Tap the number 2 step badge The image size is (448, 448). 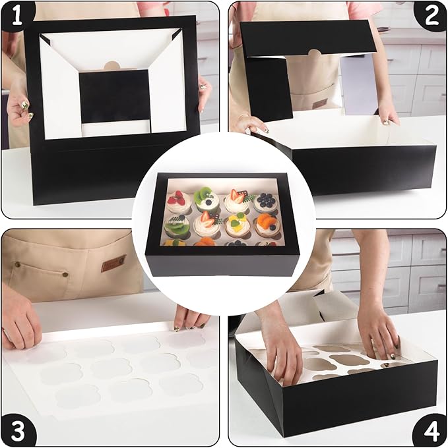pyautogui.click(x=431, y=15)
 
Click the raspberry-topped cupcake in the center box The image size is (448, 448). pyautogui.click(x=179, y=202)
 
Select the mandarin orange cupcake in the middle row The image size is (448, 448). pyautogui.click(x=265, y=226)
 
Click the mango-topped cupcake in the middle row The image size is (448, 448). pyautogui.click(x=237, y=226)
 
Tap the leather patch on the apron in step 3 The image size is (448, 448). pyautogui.click(x=113, y=263)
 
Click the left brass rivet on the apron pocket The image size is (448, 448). pyautogui.click(x=17, y=264)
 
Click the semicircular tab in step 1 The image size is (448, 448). pyautogui.click(x=112, y=65)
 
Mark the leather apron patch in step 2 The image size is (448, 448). pyautogui.click(x=320, y=103)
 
